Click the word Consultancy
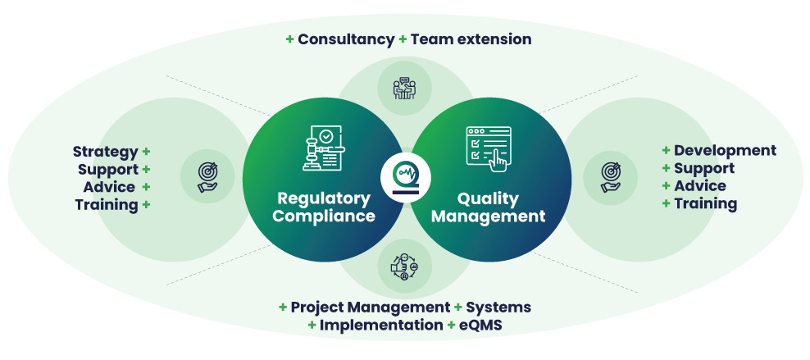346,39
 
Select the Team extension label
471,39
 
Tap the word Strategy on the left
105,152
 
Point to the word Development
725,151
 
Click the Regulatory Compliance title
324,207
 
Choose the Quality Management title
488,207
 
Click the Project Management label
370,308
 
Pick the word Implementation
381,325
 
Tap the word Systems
498,308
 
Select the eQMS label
480,325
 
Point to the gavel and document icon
322,148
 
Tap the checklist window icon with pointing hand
489,148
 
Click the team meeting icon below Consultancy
404,88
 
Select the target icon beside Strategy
208,176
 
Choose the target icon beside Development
611,176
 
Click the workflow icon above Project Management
404,266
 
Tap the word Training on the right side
706,203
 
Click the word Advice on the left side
109,187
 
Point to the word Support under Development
704,168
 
